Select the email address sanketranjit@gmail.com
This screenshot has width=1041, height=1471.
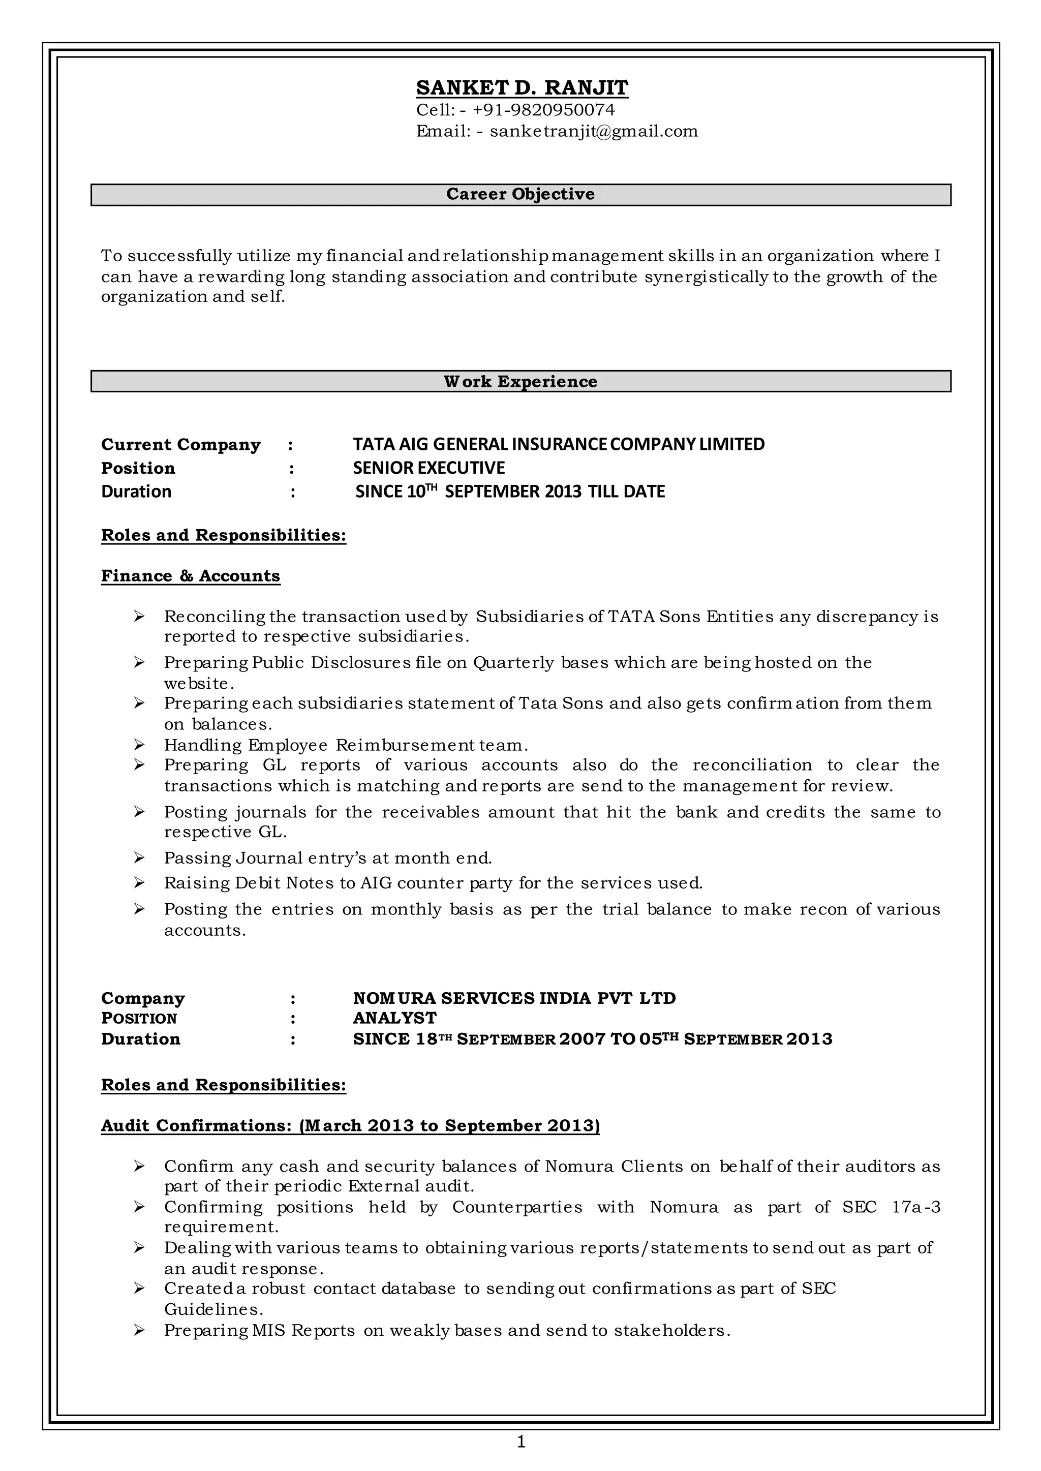[x=594, y=132]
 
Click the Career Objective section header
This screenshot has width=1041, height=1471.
[x=520, y=194]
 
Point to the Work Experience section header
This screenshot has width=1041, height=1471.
[x=520, y=381]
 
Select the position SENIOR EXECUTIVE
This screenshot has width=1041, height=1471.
[x=429, y=468]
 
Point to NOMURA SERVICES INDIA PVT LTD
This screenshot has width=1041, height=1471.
[x=514, y=998]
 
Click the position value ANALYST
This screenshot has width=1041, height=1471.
[x=394, y=1018]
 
